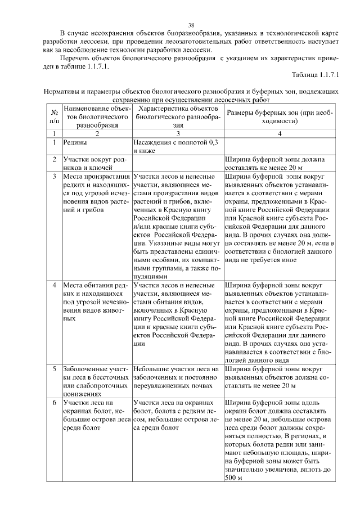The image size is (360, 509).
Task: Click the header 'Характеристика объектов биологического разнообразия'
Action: click(x=177, y=117)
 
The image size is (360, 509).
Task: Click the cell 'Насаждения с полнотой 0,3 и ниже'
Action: click(x=177, y=147)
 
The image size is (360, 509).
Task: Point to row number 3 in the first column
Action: click(x=54, y=177)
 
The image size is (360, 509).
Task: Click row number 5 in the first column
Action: click(x=54, y=369)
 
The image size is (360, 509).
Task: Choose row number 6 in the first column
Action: click(x=54, y=403)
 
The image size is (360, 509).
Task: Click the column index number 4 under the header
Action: click(x=280, y=134)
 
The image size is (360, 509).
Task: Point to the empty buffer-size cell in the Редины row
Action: click(x=280, y=147)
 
